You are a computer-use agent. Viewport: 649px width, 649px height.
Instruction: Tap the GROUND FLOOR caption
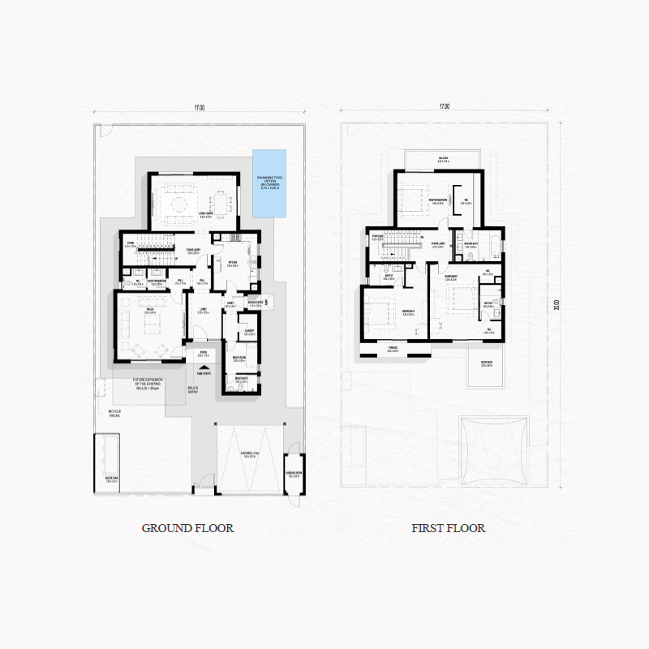tap(187, 528)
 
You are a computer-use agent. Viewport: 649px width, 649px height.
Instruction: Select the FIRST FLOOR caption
tap(448, 528)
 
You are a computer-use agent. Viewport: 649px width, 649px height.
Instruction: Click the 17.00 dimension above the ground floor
tap(199, 107)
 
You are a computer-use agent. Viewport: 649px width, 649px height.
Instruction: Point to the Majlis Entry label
tap(193, 389)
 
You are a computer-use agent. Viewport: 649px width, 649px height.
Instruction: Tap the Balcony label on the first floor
tap(444, 160)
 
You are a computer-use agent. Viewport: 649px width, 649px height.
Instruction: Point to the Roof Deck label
tap(487, 363)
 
